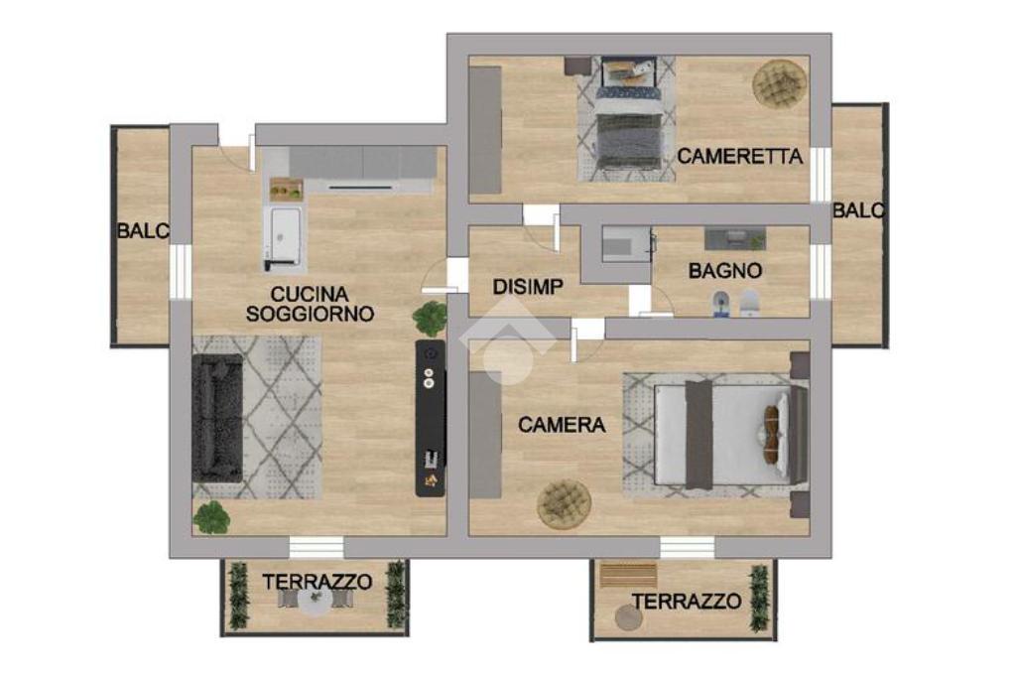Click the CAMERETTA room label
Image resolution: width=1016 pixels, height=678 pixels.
coord(739,156)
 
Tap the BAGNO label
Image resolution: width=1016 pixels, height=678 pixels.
coord(725,270)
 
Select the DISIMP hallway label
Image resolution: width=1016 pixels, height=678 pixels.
coord(528,287)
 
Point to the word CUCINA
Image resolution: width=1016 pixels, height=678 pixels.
coord(310,294)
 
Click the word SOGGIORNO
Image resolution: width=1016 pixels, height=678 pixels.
coord(310,314)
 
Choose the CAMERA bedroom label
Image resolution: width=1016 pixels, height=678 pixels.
coord(562,425)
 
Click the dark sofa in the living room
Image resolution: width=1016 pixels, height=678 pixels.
coord(217,418)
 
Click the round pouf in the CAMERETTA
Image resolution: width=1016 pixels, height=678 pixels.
coord(780,83)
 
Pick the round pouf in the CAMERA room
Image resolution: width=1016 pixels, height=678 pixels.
coord(564,503)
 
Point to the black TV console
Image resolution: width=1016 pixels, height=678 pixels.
coord(431,418)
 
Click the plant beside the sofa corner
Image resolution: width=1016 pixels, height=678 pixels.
coord(211,517)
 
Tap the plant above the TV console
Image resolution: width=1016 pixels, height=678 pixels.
coord(430,318)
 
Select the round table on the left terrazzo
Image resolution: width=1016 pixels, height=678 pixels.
coord(316,603)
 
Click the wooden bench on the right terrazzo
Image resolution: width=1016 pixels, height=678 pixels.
coord(628,575)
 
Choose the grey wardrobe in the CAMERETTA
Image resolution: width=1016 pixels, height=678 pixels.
coord(485,130)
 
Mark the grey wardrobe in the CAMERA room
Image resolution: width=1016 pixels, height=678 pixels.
coord(485,435)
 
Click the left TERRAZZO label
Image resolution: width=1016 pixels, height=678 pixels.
coord(317,582)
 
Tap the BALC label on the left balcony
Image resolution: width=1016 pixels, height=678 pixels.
coord(143,230)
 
